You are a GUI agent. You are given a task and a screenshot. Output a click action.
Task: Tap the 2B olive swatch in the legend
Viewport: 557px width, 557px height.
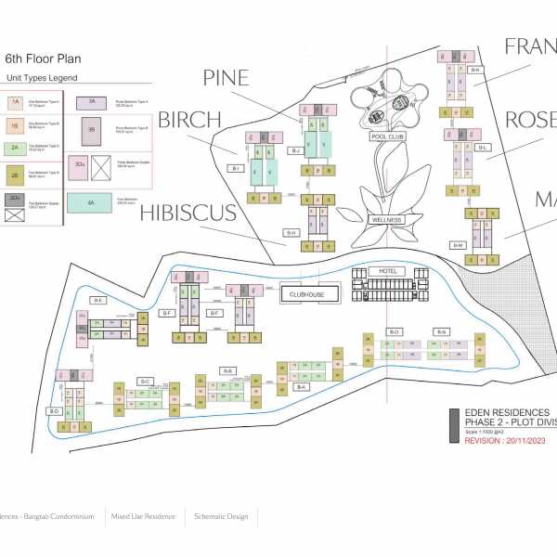pyautogui.click(x=16, y=174)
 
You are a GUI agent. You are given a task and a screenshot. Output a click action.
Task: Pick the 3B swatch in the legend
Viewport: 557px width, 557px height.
pyautogui.click(x=92, y=131)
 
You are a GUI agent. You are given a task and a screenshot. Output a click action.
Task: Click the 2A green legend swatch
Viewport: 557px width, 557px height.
pyautogui.click(x=16, y=147)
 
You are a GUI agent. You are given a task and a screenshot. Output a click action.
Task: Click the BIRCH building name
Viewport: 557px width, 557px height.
pyautogui.click(x=189, y=120)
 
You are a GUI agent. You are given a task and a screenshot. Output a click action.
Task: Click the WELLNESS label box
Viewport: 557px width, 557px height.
pyautogui.click(x=386, y=220)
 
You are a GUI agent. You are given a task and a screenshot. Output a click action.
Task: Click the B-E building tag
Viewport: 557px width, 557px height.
pyautogui.click(x=97, y=301)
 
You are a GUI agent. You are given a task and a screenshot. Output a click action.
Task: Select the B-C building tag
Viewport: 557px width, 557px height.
pyautogui.click(x=144, y=382)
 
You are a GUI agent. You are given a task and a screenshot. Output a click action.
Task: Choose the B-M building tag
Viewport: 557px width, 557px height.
pyautogui.click(x=457, y=245)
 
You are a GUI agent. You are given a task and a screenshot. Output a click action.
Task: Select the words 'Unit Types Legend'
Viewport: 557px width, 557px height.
pyautogui.click(x=43, y=79)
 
